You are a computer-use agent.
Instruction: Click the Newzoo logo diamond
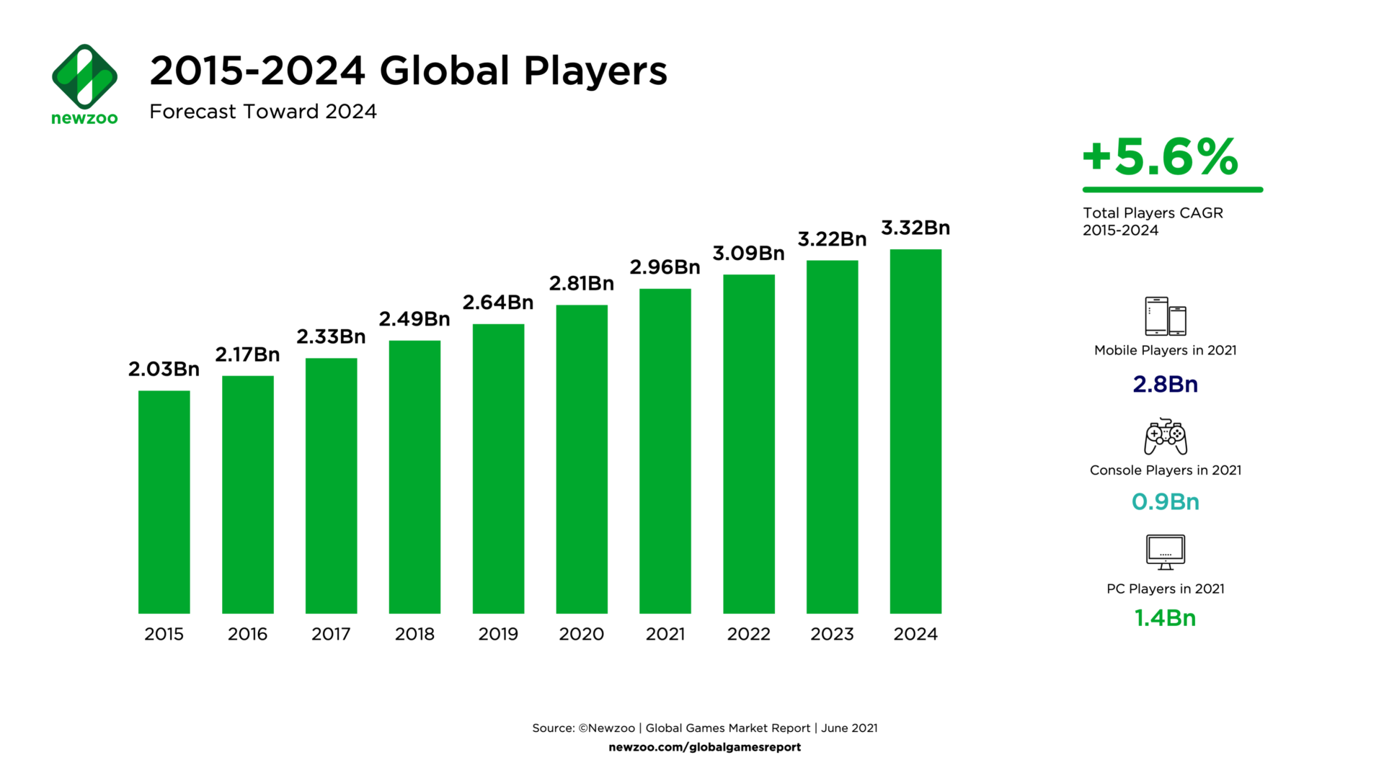point(84,76)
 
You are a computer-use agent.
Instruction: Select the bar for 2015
point(164,502)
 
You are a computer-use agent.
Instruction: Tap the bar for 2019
point(498,468)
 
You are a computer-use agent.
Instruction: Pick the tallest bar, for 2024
point(915,431)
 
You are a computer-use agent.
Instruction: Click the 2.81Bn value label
point(581,284)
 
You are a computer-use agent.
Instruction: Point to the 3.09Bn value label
point(748,254)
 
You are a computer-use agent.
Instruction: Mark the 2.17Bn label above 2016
point(247,354)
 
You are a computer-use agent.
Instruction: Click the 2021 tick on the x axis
point(665,634)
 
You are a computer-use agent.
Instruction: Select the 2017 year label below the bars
point(331,634)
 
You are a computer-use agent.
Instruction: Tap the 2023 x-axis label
point(832,634)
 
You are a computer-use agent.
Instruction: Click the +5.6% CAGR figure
point(1161,157)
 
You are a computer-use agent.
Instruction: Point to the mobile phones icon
point(1165,316)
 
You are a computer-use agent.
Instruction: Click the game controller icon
point(1165,437)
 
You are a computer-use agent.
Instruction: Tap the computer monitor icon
point(1165,553)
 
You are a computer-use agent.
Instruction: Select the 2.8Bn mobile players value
point(1165,384)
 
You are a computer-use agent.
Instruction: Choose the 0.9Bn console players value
point(1165,501)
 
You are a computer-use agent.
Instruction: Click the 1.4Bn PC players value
point(1165,618)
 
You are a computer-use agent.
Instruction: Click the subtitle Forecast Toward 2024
point(263,112)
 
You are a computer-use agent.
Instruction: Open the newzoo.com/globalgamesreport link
point(704,747)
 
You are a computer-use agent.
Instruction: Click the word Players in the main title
point(595,71)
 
